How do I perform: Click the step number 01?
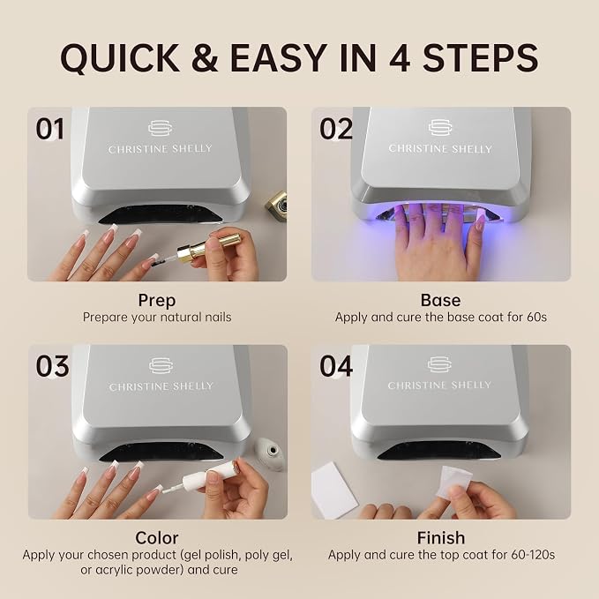pos(49,129)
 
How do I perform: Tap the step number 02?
pos(336,129)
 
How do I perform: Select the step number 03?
pos(52,366)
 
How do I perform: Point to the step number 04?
pos(336,366)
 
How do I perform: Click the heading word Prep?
pos(157,301)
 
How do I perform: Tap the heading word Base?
pos(440,300)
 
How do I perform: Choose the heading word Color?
pos(157,538)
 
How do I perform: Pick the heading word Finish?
pos(441,538)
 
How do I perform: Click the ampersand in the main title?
pos(205,57)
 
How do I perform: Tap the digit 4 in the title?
pos(400,57)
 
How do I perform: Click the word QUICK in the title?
pos(120,58)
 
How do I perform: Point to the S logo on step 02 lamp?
pos(440,128)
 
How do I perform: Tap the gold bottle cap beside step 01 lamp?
pos(277,205)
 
